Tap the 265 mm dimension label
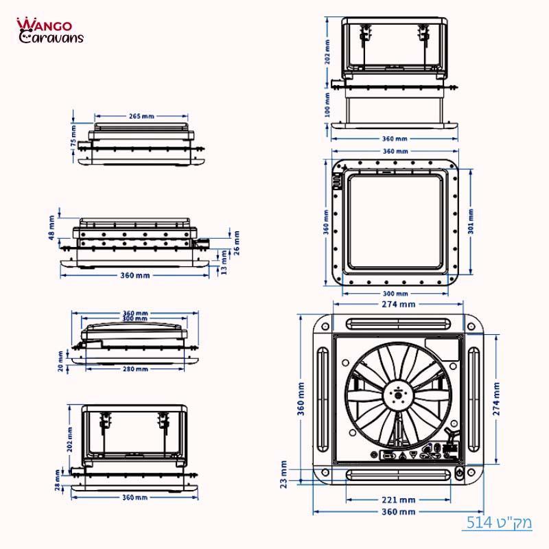141,116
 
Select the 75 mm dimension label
73,135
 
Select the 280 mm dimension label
135,369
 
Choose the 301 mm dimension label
471,221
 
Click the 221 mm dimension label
399,500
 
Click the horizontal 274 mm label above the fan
398,304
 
